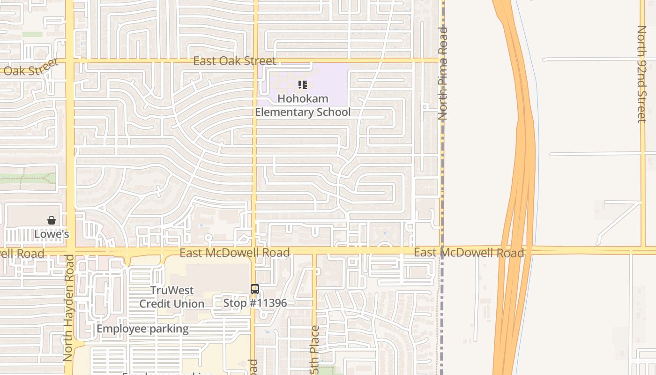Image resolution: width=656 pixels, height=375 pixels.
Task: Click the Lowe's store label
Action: pyautogui.click(x=52, y=234)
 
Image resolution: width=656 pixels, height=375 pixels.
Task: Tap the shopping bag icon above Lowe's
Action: pyautogui.click(x=52, y=220)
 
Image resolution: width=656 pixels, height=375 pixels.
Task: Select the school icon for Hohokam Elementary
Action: pyautogui.click(x=302, y=85)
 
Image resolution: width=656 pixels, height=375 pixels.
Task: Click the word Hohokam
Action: pyautogui.click(x=303, y=98)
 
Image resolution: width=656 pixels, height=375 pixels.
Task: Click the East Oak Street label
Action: pyautogui.click(x=235, y=61)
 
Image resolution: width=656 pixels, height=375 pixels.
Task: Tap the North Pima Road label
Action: pyautogui.click(x=443, y=73)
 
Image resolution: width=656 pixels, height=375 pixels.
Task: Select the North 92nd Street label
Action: pyautogui.click(x=641, y=74)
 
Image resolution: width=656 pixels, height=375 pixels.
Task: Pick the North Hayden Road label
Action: pyautogui.click(x=68, y=307)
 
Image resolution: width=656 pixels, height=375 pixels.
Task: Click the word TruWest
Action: pyautogui.click(x=172, y=290)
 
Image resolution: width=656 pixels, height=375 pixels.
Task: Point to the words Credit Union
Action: pyautogui.click(x=172, y=304)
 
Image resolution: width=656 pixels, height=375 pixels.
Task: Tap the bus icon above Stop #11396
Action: pyautogui.click(x=255, y=289)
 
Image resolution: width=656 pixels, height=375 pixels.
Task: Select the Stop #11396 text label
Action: pyautogui.click(x=255, y=303)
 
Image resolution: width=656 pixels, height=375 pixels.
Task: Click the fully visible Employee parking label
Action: pyautogui.click(x=142, y=329)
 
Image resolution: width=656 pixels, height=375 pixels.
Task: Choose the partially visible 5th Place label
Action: pyautogui.click(x=315, y=349)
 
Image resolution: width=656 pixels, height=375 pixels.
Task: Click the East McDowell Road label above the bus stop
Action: pyautogui.click(x=235, y=253)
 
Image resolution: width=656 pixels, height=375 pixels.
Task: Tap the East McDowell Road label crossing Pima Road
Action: pyautogui.click(x=469, y=253)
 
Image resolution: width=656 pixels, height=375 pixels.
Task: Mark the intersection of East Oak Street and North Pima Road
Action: pyautogui.click(x=441, y=60)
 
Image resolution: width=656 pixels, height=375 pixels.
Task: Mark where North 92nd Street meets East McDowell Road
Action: pyautogui.click(x=642, y=249)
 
